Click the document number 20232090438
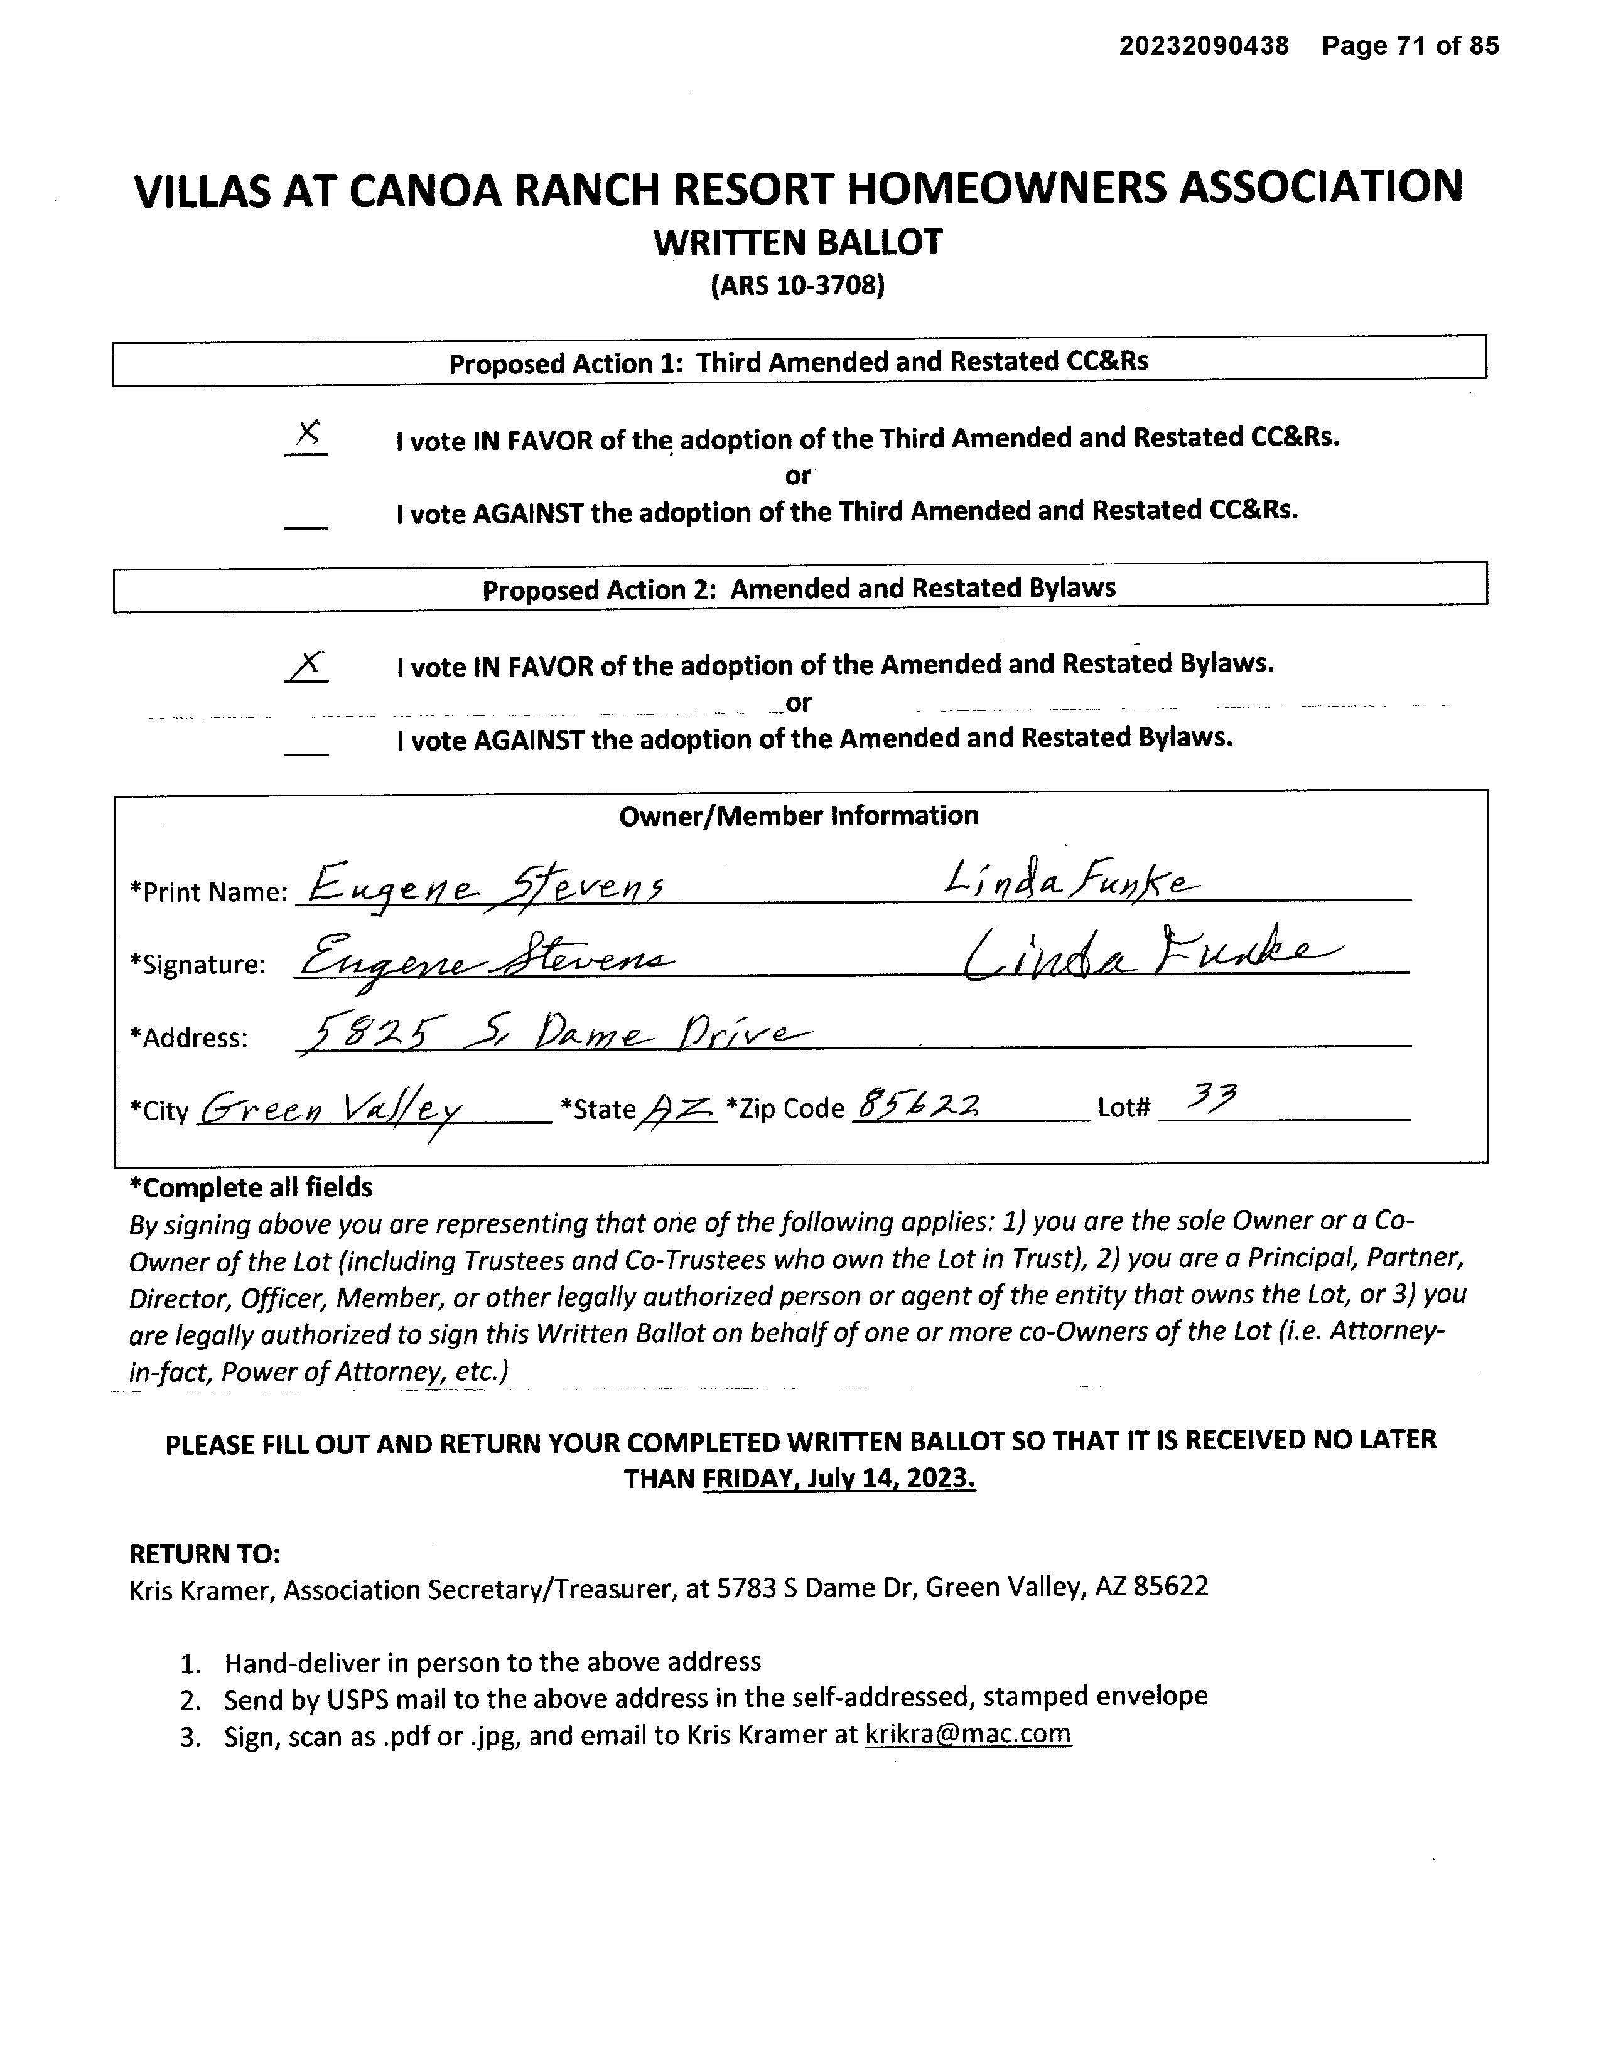coord(1204,46)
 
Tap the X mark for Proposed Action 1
coord(306,436)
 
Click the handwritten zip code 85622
coord(918,1104)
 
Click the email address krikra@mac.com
coord(968,1733)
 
